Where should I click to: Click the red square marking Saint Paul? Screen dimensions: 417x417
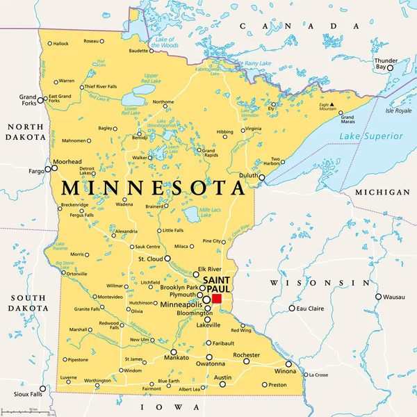coord(216,298)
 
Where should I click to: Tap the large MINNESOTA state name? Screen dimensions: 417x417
coord(153,188)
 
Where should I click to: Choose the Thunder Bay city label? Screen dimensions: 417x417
coord(386,64)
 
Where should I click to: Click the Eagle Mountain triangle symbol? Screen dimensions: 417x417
coord(333,109)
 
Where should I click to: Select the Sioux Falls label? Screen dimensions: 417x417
coord(28,393)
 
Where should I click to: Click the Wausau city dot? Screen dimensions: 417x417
coord(379,297)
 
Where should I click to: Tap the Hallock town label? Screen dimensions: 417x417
coord(60,44)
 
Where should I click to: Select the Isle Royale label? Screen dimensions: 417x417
coord(398,111)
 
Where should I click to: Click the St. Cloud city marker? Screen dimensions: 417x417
coord(167,259)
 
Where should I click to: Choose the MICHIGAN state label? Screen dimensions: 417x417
coord(382,192)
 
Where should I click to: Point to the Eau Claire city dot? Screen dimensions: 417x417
coord(292,308)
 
